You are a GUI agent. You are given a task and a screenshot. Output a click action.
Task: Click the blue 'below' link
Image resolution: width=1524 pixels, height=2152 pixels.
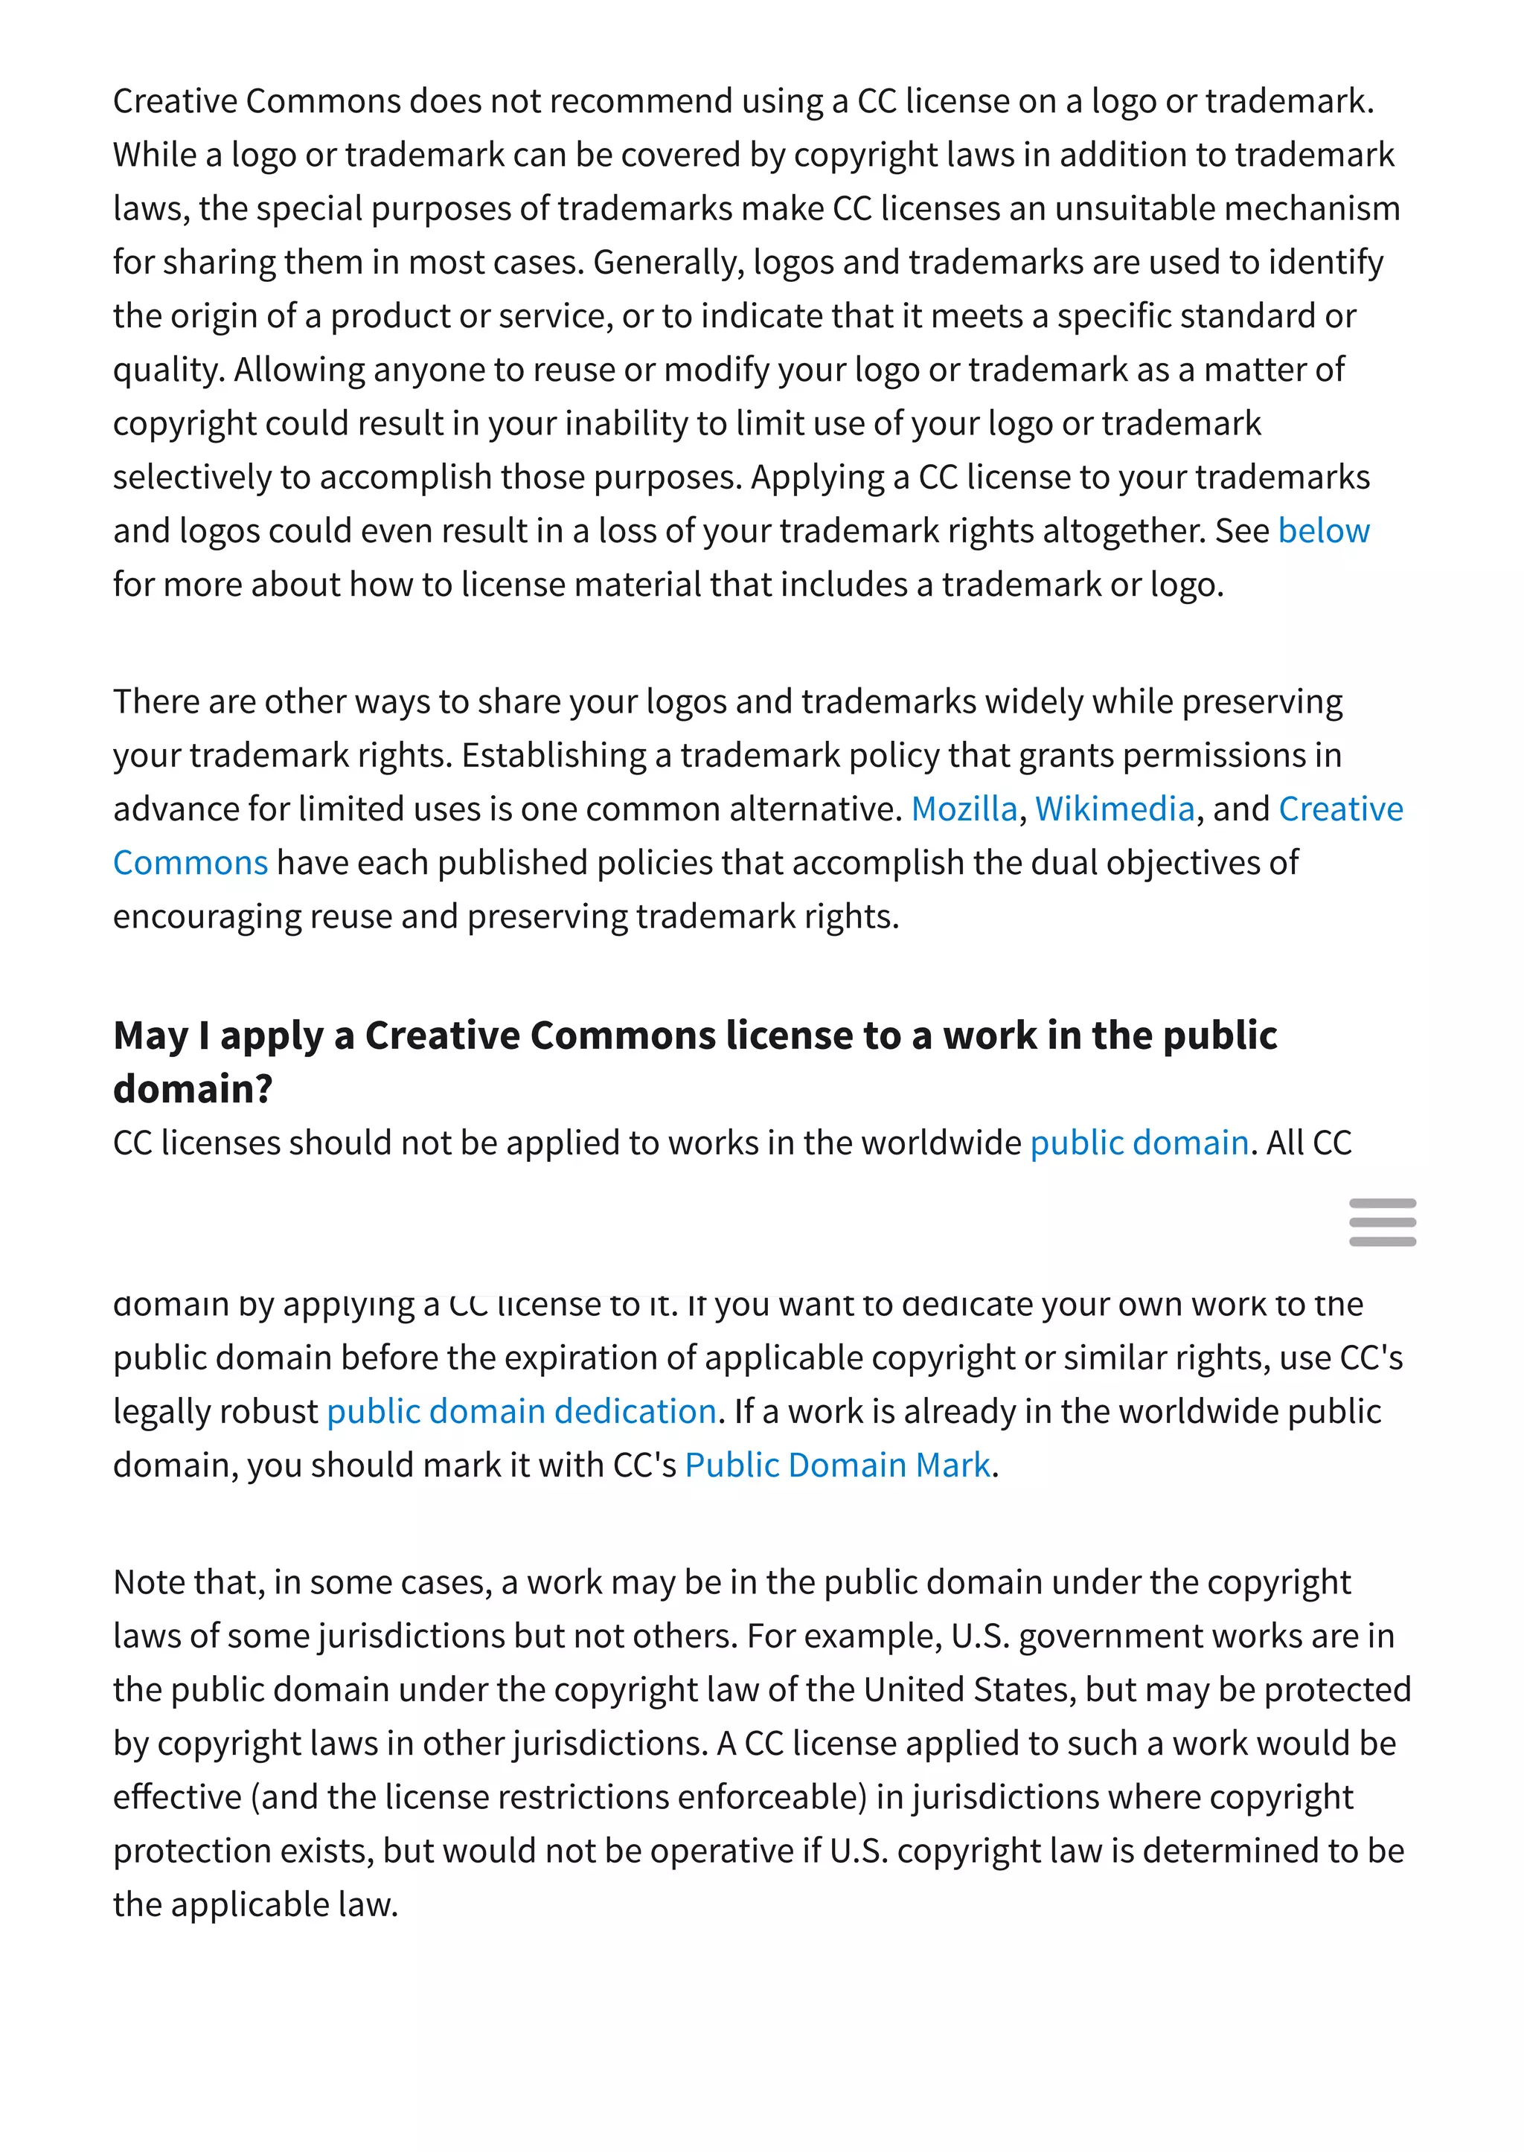pos(1323,531)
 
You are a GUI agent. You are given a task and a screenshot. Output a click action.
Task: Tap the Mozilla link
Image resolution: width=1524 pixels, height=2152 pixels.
pos(964,809)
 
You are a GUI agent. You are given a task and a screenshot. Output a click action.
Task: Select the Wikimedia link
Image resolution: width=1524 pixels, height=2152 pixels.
pos(1114,809)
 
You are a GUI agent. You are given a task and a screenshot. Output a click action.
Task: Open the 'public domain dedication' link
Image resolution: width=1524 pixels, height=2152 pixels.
pos(521,1411)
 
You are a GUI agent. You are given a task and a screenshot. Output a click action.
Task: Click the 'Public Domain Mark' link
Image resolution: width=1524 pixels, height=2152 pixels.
pos(837,1465)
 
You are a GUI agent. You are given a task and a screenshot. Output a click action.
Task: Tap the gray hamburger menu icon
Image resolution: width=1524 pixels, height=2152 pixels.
pos(1381,1221)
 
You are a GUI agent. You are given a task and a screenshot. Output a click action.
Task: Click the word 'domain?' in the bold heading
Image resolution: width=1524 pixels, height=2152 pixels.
pos(193,1089)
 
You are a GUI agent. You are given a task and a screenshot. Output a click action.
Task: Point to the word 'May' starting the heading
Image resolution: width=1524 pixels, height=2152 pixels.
pos(150,1035)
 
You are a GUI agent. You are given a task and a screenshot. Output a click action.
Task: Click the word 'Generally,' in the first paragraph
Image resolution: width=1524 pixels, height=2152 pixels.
pos(668,263)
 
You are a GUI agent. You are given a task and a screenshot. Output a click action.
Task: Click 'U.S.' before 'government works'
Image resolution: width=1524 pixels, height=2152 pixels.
pos(980,1635)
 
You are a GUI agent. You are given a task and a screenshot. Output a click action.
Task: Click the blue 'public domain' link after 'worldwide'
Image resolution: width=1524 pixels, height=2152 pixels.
pos(1139,1143)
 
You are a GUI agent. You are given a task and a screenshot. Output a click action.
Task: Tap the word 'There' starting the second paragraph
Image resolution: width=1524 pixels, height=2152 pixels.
pos(155,701)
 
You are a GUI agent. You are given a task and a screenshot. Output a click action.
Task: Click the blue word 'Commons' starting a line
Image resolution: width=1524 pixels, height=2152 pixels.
pos(190,863)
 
